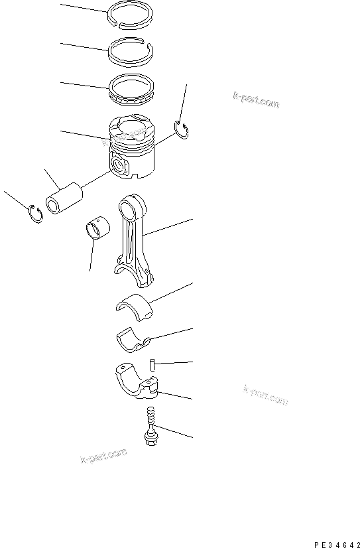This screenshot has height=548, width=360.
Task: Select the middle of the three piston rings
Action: (131, 60)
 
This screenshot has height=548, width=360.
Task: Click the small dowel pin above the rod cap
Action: (152, 363)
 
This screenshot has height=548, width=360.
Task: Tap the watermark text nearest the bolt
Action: (103, 456)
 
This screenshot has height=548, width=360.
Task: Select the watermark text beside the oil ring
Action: (255, 101)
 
